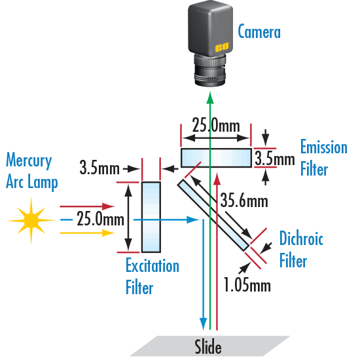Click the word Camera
point(259,31)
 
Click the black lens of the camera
point(210,71)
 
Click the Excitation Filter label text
point(152,276)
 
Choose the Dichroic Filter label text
point(300,249)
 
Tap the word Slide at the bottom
point(208,347)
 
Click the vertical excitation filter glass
point(151,216)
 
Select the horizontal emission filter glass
point(215,157)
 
